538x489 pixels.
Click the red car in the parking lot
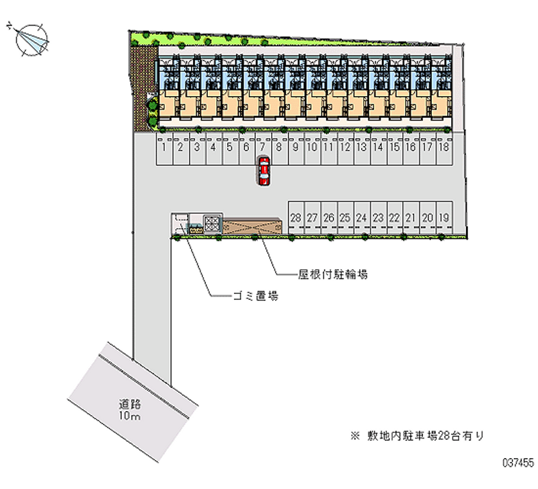click(x=264, y=171)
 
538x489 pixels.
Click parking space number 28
click(x=296, y=217)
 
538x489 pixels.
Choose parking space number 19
click(x=443, y=217)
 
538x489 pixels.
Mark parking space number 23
click(x=378, y=217)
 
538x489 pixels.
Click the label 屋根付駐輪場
click(x=333, y=274)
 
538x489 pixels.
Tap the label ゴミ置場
click(x=256, y=296)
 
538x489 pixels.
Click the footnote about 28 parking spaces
click(x=416, y=436)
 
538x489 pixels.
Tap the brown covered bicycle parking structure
click(x=252, y=226)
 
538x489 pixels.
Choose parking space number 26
click(x=329, y=217)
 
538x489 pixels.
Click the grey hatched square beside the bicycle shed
click(x=213, y=223)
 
